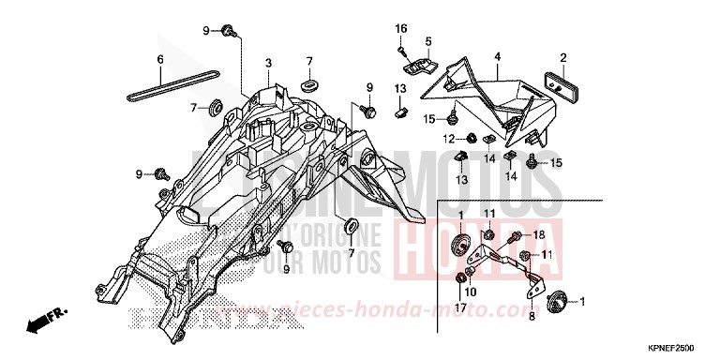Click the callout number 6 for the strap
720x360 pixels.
click(x=160, y=60)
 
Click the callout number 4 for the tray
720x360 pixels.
click(x=498, y=57)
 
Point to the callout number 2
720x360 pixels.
click(x=562, y=57)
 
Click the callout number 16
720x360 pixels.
click(x=400, y=27)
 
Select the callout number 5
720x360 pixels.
click(x=427, y=41)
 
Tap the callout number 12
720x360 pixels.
click(x=448, y=139)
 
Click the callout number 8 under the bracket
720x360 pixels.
click(x=531, y=316)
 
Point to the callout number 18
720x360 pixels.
click(x=539, y=233)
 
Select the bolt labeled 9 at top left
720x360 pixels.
click(x=228, y=34)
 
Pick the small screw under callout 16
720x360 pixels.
click(x=401, y=50)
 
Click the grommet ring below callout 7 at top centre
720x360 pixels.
click(x=307, y=84)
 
